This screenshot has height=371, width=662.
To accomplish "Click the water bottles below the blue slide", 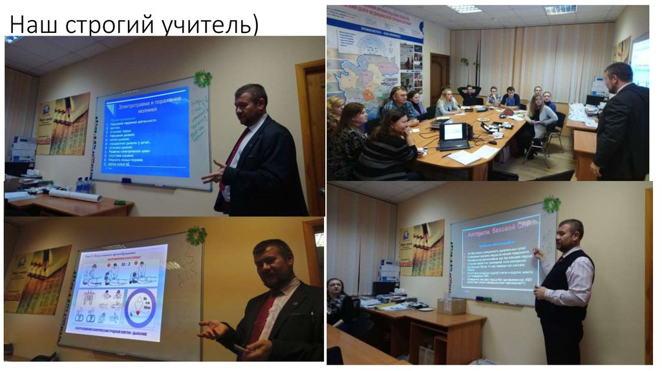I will [83, 185].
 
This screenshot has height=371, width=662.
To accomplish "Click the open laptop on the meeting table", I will [454, 134].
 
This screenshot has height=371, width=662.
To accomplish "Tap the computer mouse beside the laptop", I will [493, 142].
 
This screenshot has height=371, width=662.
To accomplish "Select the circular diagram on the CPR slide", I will [141, 308].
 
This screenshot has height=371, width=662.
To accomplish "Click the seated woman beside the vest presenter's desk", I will [338, 304].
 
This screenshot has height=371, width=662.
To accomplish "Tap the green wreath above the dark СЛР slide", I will [551, 204].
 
